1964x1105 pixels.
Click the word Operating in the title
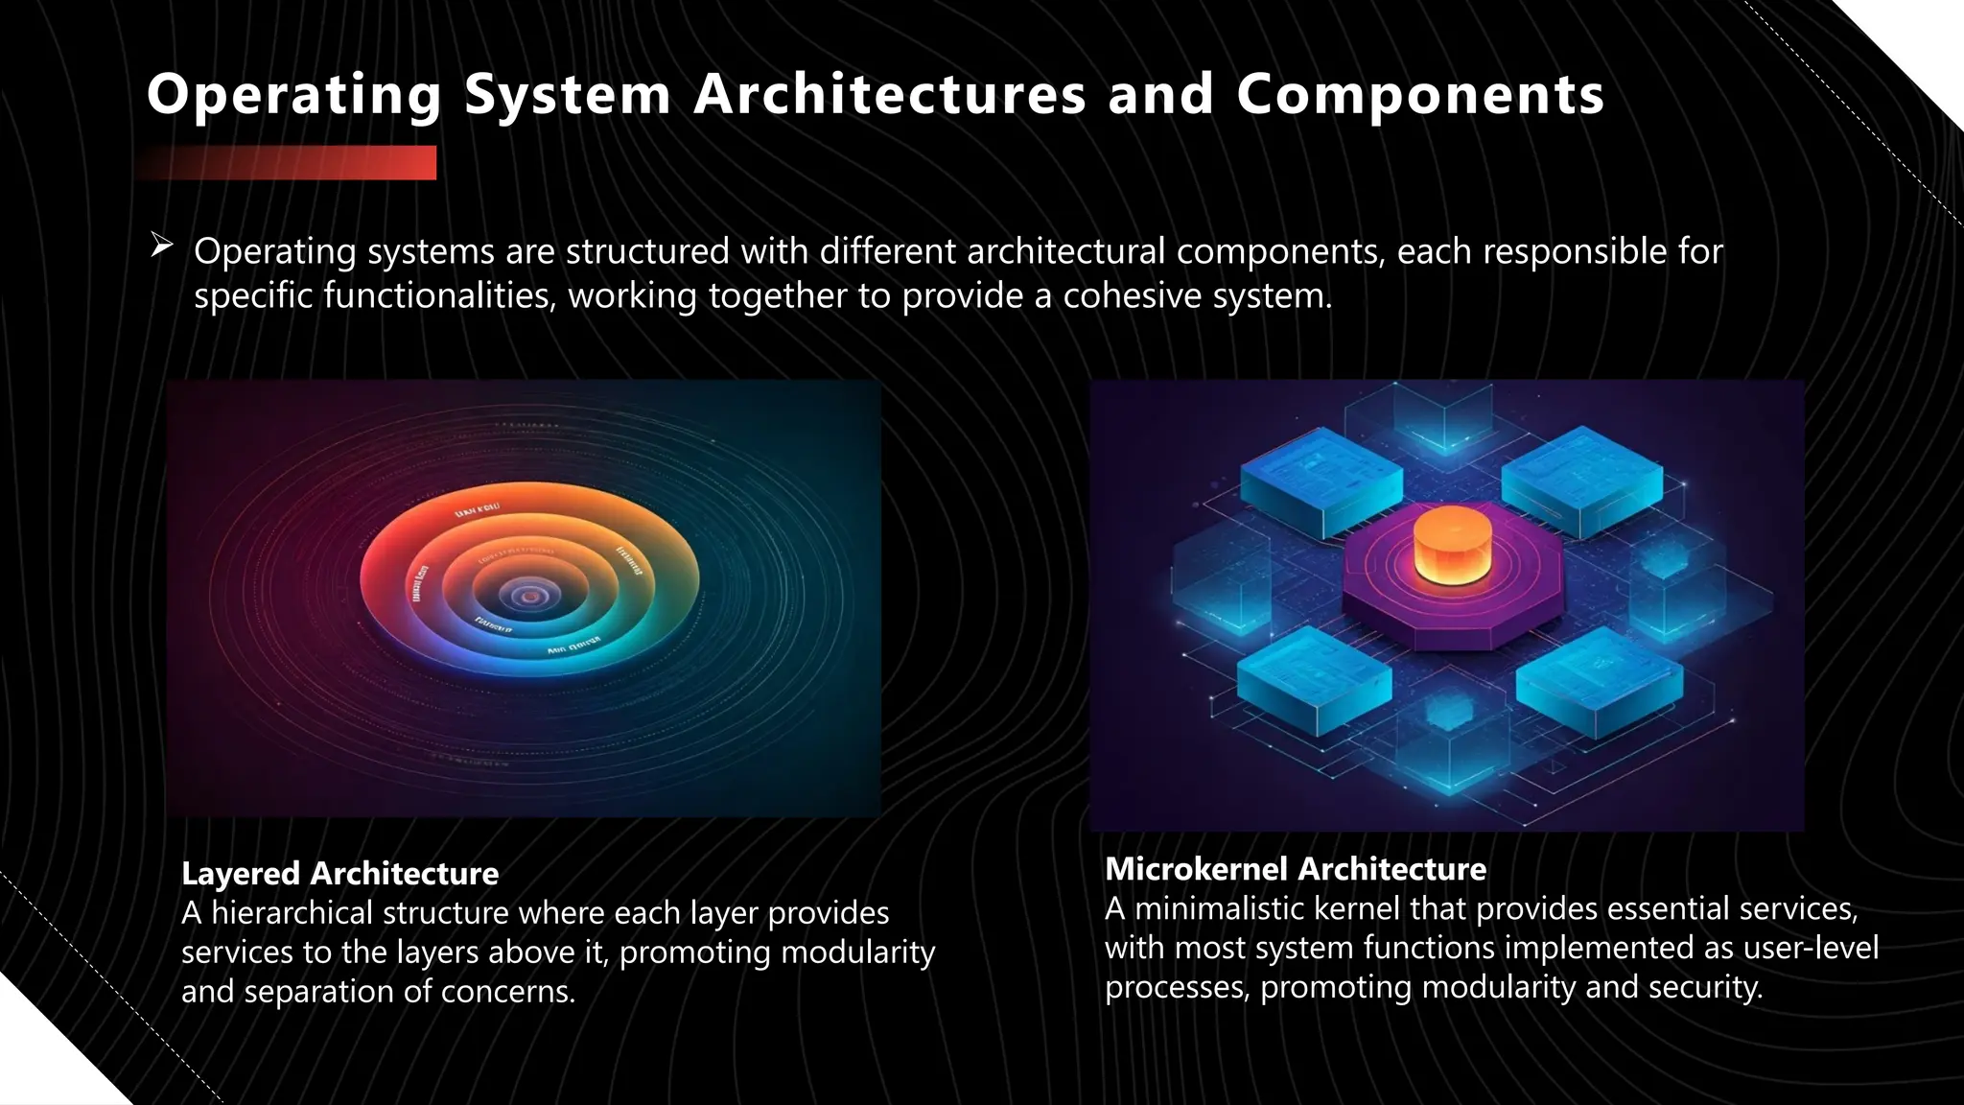coord(292,96)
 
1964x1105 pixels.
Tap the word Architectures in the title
coord(889,94)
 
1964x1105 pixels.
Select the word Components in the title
coord(1420,96)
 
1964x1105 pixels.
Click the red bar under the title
coord(288,163)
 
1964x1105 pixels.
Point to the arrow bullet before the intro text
coord(161,247)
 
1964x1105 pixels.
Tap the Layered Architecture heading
coord(339,873)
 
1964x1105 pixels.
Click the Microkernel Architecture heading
coord(1295,869)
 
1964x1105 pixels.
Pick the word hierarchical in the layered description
coord(292,912)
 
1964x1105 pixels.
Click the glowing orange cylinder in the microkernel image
coord(1452,545)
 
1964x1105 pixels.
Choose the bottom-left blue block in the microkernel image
coord(1314,678)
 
